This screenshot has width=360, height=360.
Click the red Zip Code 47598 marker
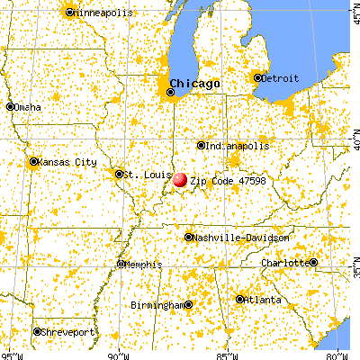point(180,180)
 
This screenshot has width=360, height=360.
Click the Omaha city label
point(28,107)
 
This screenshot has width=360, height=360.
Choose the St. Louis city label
point(141,174)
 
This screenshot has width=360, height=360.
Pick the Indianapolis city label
point(237,145)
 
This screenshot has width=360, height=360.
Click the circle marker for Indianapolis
point(201,145)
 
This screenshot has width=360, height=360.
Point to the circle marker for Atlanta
point(240,299)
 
